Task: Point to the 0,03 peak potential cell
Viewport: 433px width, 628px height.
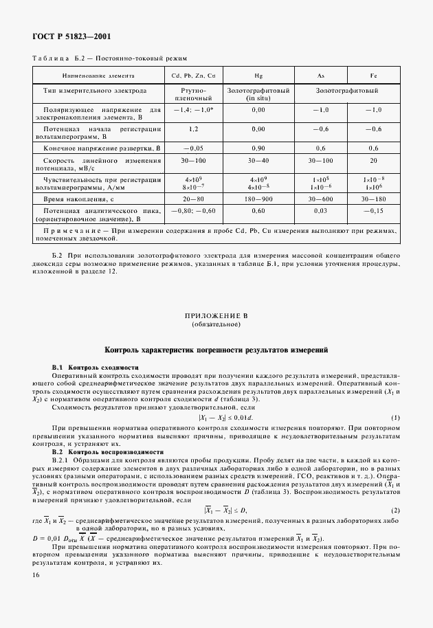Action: click(321, 211)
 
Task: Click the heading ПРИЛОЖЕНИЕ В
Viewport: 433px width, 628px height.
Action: click(216, 315)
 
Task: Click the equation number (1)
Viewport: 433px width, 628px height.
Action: click(395, 418)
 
